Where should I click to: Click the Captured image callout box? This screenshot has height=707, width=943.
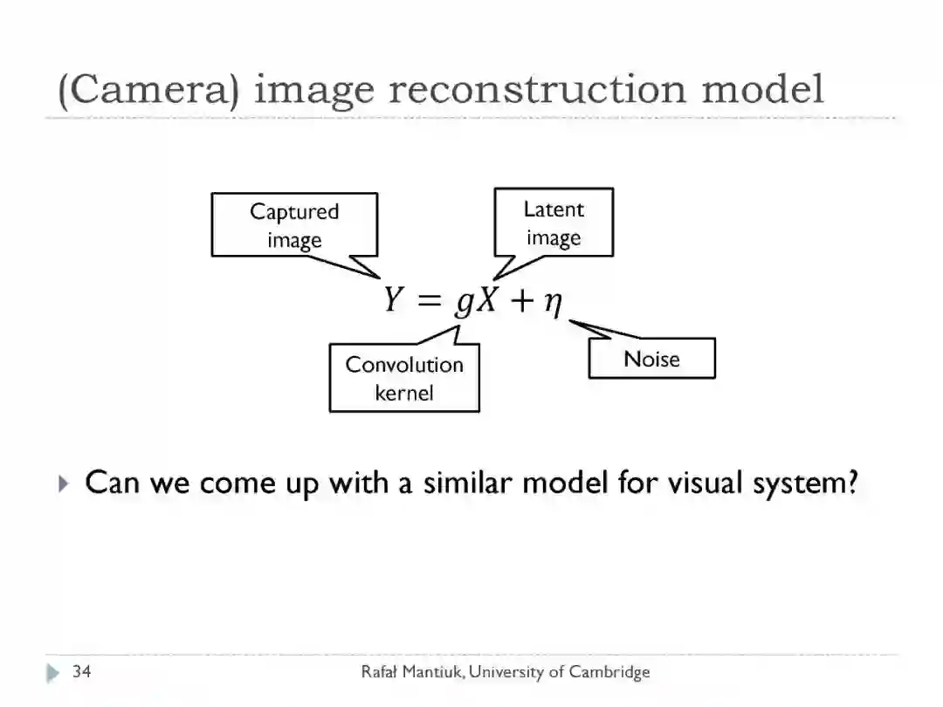click(294, 225)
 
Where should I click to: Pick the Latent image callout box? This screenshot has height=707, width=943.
click(554, 223)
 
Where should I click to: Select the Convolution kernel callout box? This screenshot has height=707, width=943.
click(404, 378)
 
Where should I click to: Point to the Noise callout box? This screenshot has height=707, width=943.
click(651, 359)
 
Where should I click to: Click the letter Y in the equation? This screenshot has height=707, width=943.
click(394, 301)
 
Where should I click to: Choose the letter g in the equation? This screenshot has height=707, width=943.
click(463, 304)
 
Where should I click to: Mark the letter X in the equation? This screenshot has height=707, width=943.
click(487, 301)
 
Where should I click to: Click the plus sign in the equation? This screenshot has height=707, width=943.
click(521, 301)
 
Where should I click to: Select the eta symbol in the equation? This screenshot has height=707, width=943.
click(552, 304)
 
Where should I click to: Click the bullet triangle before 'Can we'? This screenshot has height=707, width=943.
click(63, 483)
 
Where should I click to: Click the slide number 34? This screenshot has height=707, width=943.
click(82, 671)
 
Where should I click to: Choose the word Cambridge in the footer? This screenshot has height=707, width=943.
click(609, 671)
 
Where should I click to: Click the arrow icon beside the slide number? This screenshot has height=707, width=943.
click(54, 672)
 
